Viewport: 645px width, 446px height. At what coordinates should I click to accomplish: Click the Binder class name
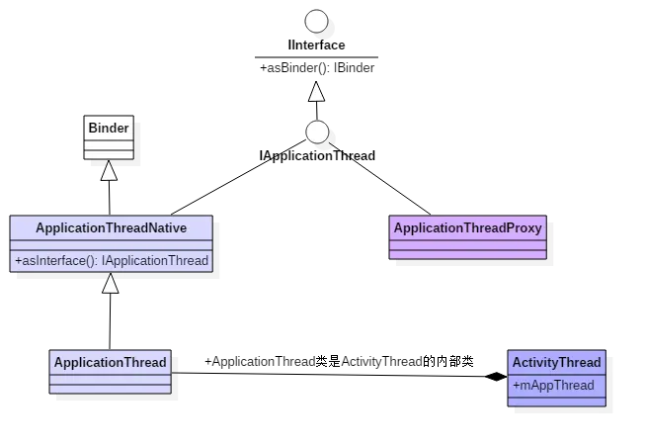109,128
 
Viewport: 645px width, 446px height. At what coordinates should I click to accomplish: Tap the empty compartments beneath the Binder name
109,148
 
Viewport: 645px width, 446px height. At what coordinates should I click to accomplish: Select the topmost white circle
316,21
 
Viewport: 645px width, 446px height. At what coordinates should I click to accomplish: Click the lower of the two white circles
317,132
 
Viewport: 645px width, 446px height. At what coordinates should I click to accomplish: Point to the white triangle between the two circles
316,92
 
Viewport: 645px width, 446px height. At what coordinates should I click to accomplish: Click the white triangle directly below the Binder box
110,172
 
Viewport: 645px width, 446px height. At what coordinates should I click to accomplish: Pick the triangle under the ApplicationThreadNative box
111,284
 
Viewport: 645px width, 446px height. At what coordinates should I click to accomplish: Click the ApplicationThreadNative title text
111,227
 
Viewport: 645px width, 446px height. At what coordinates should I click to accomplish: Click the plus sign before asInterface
18,261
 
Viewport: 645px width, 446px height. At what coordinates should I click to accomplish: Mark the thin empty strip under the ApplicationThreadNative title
111,244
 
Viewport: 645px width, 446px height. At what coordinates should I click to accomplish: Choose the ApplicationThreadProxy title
467,228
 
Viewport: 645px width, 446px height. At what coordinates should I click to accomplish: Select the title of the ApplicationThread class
110,362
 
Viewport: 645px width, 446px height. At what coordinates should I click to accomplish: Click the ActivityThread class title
556,363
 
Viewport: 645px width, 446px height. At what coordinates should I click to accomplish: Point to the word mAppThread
559,386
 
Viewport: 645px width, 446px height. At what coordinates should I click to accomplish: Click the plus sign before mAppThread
516,386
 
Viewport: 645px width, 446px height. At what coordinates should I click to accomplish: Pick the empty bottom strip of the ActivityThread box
556,401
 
